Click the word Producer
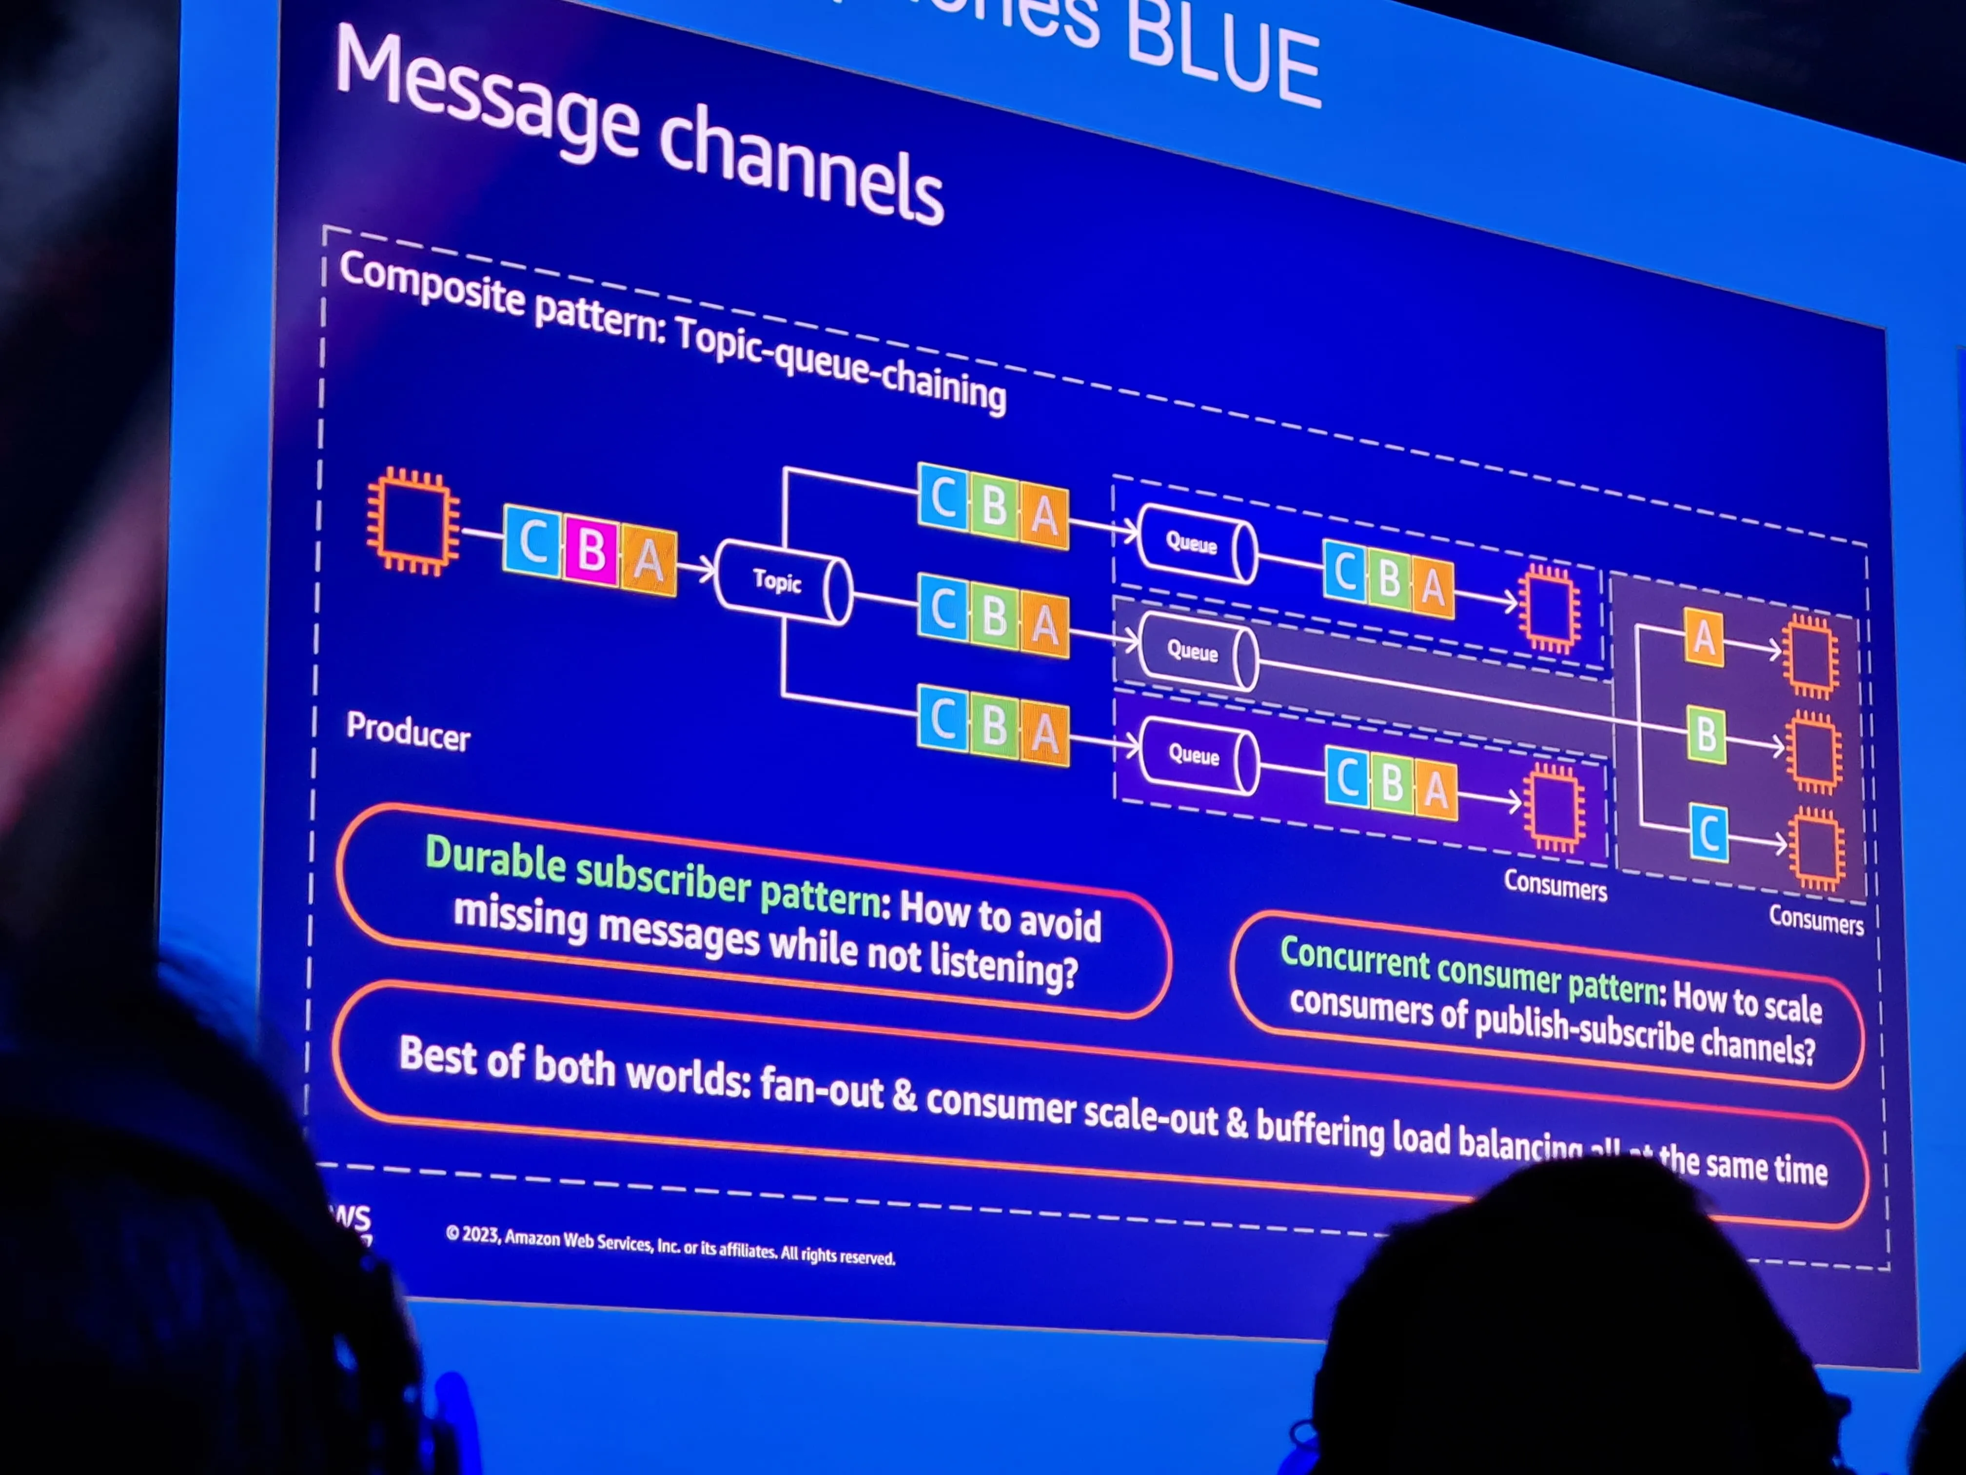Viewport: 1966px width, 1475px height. coord(408,731)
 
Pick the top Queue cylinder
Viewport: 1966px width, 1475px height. coord(1196,543)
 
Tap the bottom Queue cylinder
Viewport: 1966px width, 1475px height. coord(1198,755)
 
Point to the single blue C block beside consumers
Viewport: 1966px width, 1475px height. coord(1708,833)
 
